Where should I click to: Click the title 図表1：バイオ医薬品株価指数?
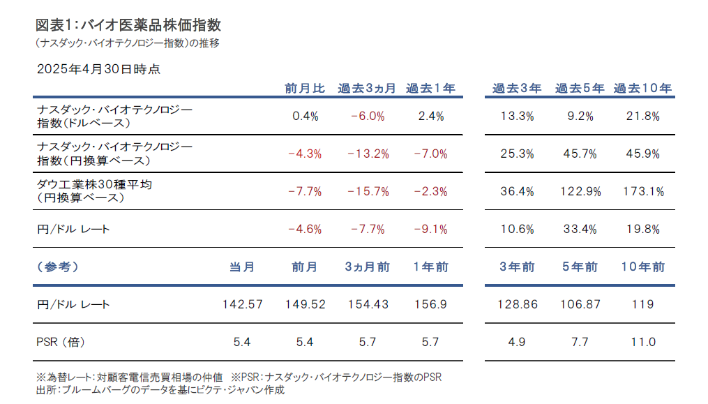128,25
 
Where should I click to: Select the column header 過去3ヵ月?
367,89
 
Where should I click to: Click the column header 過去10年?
642,89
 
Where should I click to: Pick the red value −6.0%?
368,117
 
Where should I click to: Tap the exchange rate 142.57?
241,304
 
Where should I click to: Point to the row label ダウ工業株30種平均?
95,185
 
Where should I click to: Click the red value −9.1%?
431,229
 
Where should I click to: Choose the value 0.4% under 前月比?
306,117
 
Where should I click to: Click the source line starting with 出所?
160,390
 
